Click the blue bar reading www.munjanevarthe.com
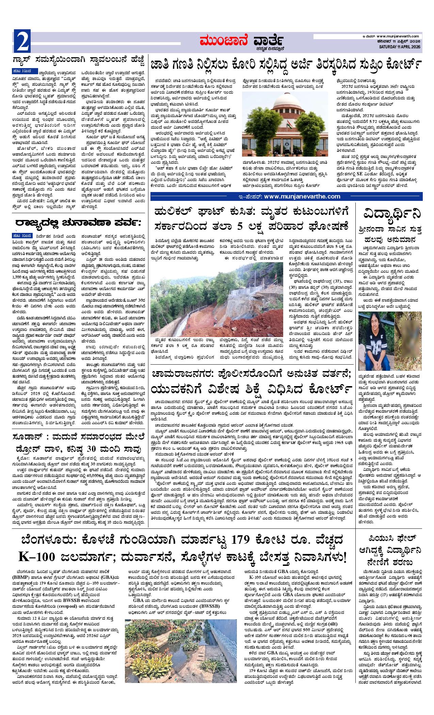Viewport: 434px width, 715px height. point(286,196)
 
